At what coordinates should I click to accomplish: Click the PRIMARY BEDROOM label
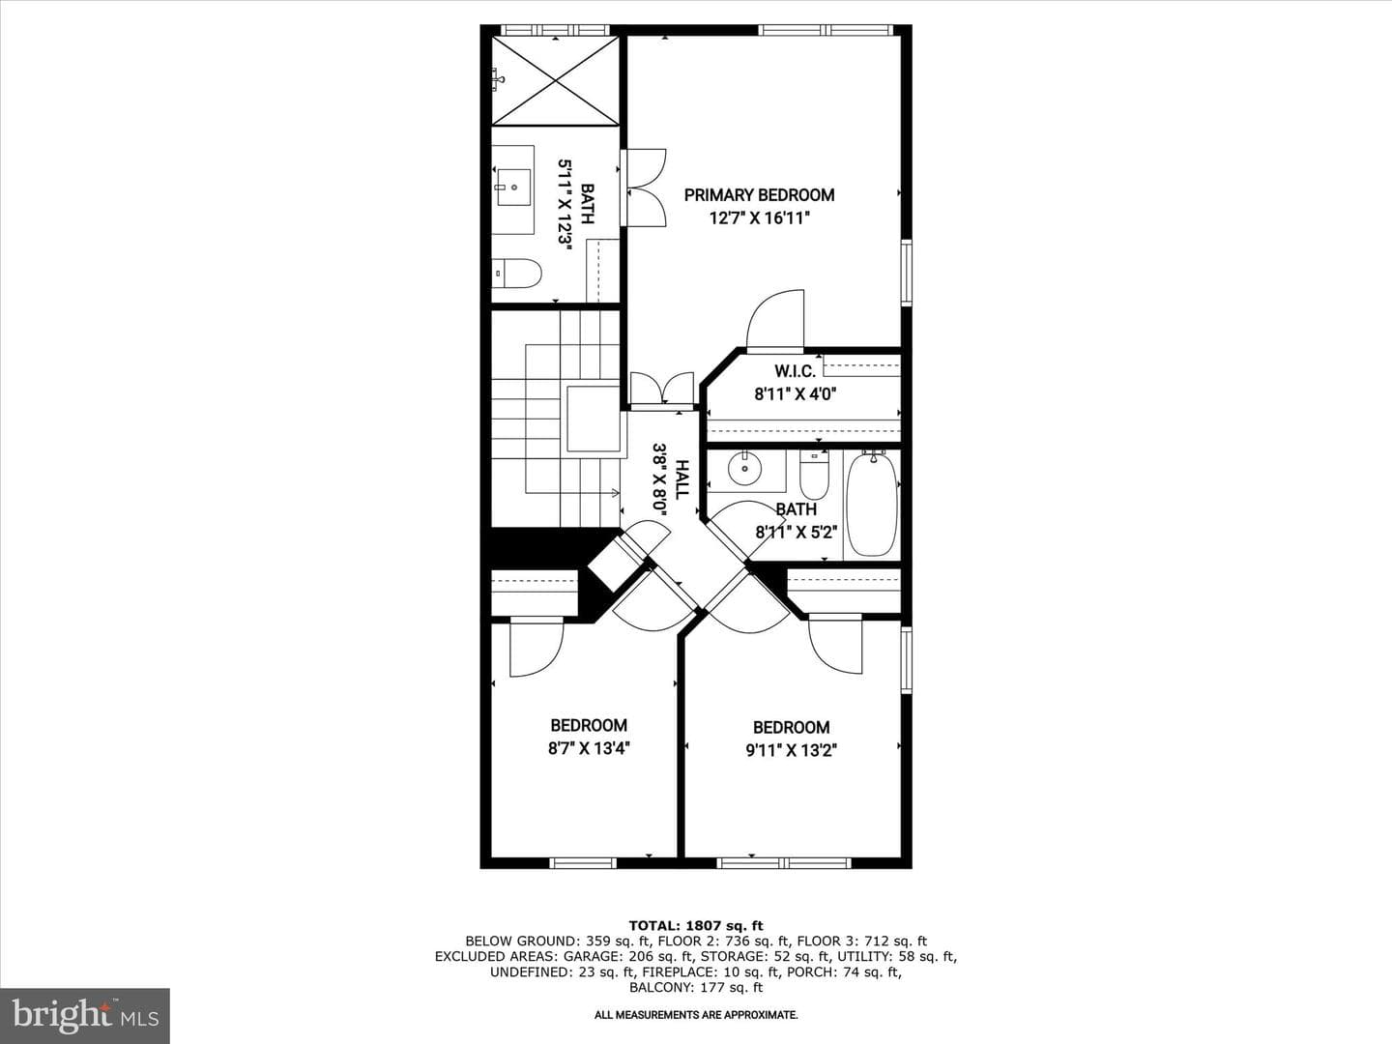(759, 195)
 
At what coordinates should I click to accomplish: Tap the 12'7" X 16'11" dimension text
(760, 218)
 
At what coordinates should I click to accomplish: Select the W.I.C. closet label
(795, 371)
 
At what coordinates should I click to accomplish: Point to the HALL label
(681, 479)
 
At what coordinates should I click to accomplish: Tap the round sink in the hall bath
(744, 470)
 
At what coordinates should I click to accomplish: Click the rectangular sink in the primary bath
(514, 188)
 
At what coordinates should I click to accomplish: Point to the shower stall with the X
(556, 81)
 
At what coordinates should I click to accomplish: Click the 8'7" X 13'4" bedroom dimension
(589, 748)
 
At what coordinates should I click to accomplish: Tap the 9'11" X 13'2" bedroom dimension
(792, 750)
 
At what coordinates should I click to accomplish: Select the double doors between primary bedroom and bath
(643, 188)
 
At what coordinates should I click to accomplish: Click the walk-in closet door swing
(775, 320)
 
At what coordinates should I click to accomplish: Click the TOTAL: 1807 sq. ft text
(696, 925)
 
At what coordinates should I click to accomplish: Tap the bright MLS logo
(85, 1016)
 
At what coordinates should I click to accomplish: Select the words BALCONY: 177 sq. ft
(696, 987)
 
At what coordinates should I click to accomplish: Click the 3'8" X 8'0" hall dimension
(660, 479)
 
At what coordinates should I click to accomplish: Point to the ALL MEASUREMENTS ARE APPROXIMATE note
(696, 1015)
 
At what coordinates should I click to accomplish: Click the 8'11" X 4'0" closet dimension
(796, 394)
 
